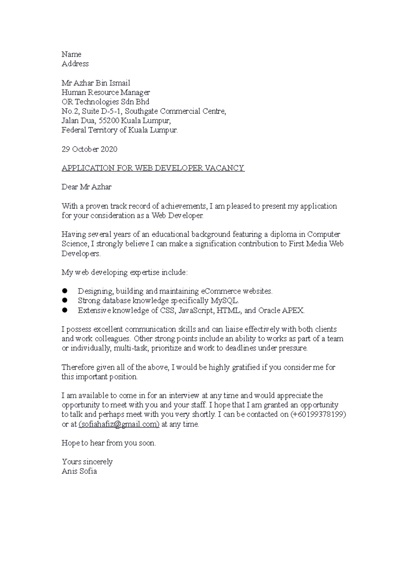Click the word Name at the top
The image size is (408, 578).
pyautogui.click(x=71, y=54)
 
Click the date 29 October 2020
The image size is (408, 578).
pyautogui.click(x=89, y=149)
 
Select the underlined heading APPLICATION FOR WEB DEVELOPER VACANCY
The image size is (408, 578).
pyautogui.click(x=153, y=168)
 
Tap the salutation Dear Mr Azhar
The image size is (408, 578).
pyautogui.click(x=86, y=187)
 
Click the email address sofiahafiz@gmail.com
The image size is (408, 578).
pyautogui.click(x=119, y=424)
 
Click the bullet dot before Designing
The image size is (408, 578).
pyautogui.click(x=65, y=291)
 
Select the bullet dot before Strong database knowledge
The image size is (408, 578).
pyautogui.click(x=65, y=301)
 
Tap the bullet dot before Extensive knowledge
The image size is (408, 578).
pyautogui.click(x=65, y=310)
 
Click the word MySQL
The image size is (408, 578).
pyautogui.click(x=225, y=301)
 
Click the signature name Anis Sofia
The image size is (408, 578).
pyautogui.click(x=79, y=471)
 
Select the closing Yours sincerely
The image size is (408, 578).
pyautogui.click(x=87, y=462)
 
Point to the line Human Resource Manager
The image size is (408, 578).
pyautogui.click(x=105, y=93)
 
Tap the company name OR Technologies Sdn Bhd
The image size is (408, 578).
pyautogui.click(x=105, y=102)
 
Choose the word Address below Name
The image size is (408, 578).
pyautogui.click(x=75, y=64)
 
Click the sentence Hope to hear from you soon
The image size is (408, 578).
pyautogui.click(x=108, y=443)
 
